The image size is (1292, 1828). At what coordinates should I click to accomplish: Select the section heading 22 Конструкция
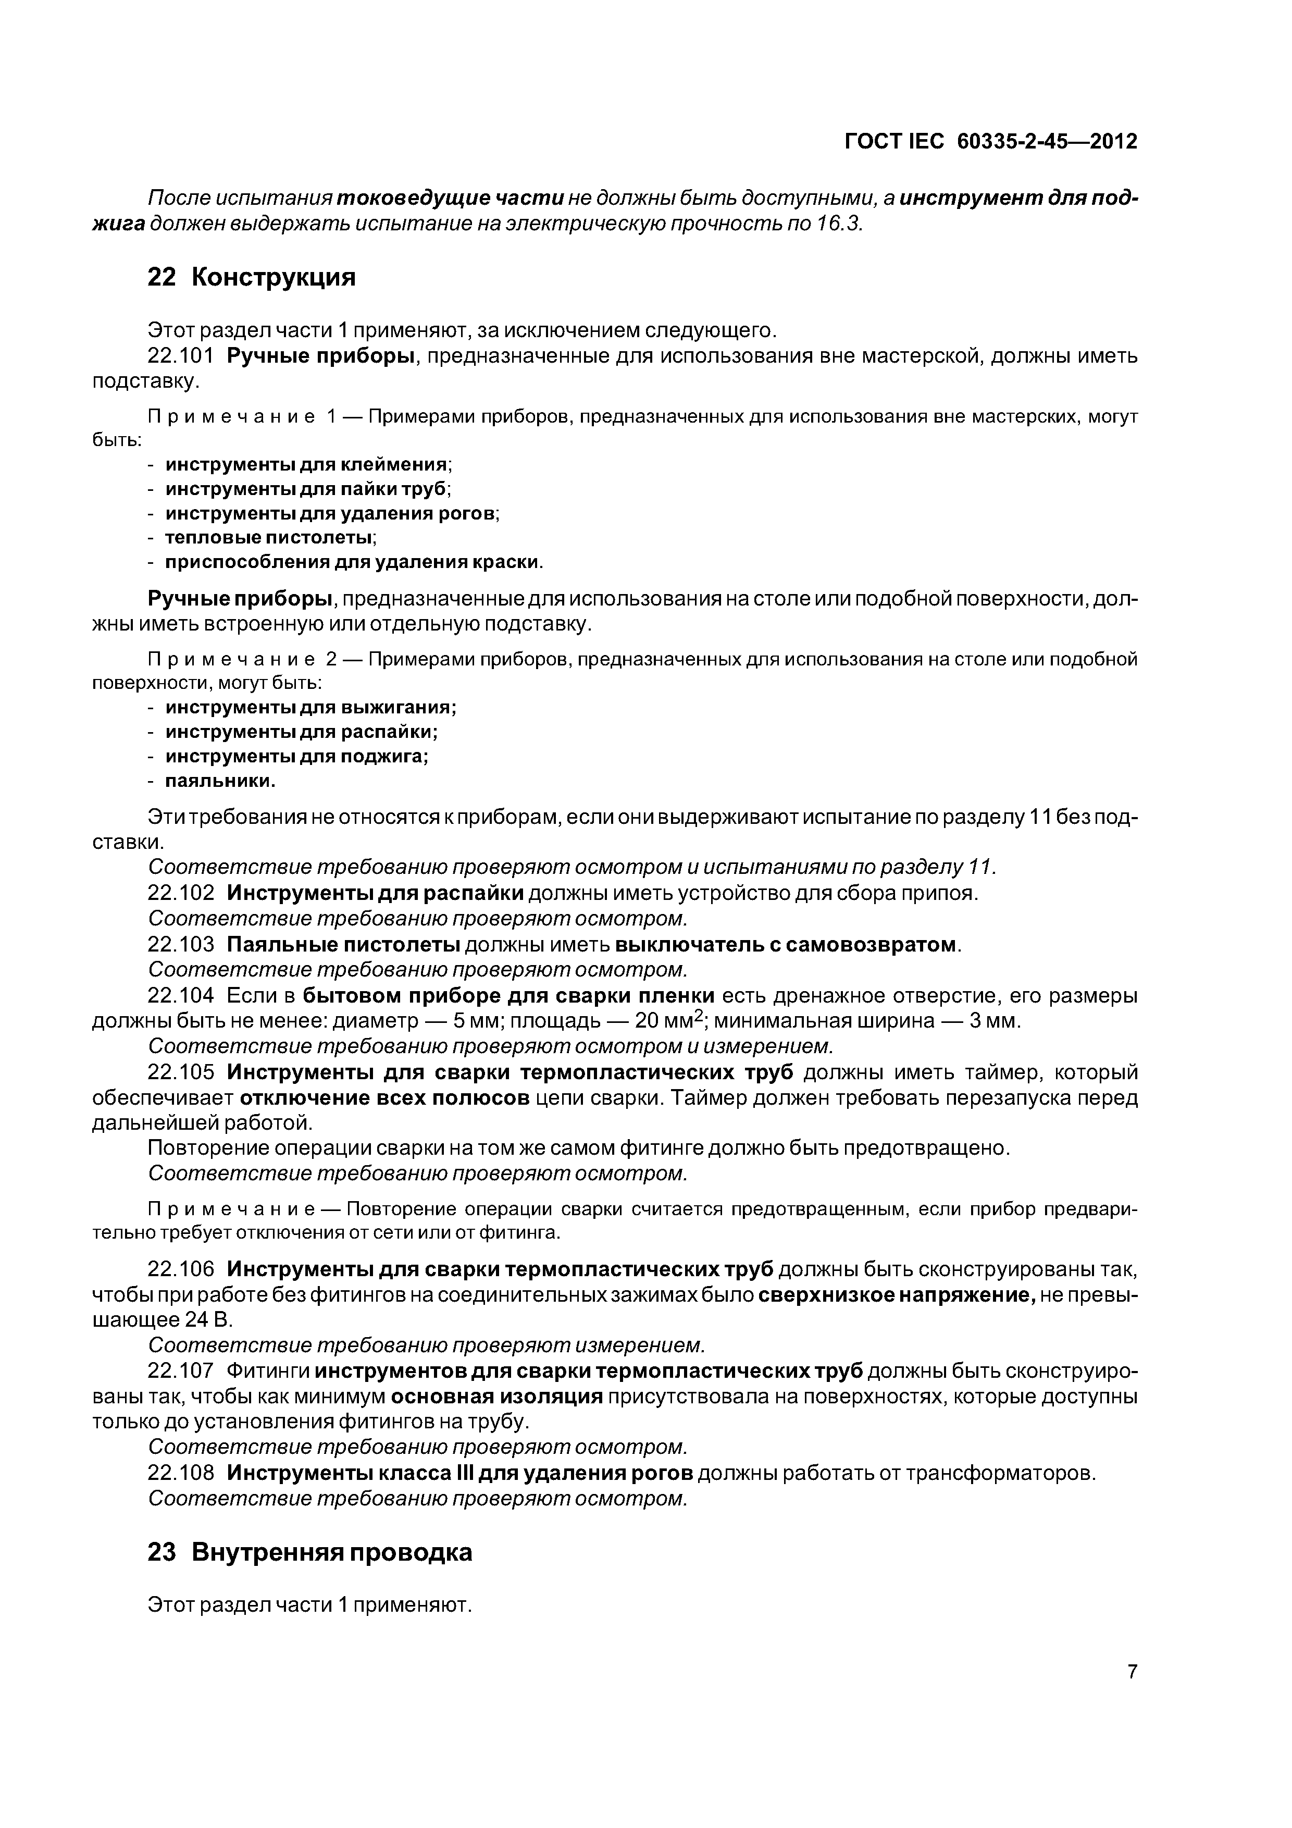252,277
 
